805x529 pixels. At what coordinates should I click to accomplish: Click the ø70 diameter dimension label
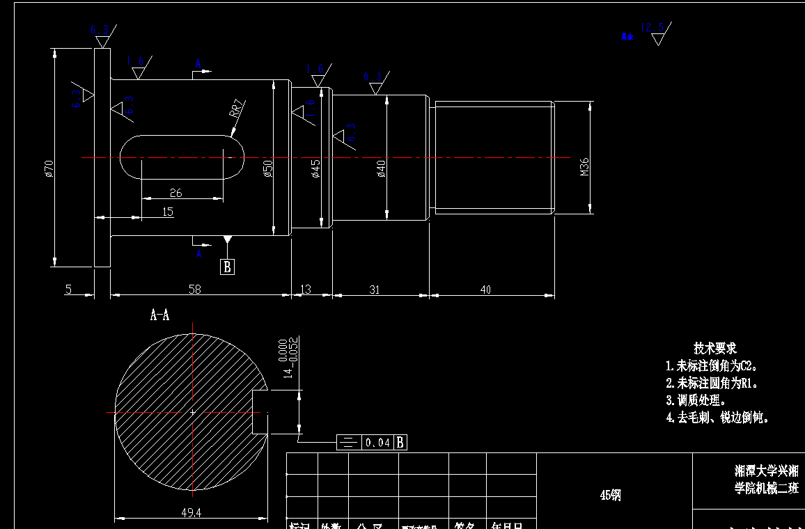[x=49, y=168]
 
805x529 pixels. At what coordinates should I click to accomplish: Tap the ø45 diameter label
[x=316, y=169]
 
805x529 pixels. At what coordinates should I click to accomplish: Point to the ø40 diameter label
[x=381, y=169]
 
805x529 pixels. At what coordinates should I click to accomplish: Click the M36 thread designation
[x=584, y=166]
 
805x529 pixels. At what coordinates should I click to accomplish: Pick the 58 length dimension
[x=194, y=290]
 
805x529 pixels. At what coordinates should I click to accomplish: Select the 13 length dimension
[x=305, y=290]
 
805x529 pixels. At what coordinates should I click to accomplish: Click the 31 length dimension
[x=375, y=290]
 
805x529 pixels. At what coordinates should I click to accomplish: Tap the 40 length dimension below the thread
[x=485, y=290]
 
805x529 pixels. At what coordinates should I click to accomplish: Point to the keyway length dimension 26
[x=175, y=193]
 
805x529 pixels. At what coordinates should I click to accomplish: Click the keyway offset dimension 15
[x=167, y=212]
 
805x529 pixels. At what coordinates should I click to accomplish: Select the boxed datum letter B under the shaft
[x=227, y=267]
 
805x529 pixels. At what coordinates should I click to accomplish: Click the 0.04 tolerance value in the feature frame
[x=378, y=442]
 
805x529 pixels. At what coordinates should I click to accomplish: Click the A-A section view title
[x=160, y=316]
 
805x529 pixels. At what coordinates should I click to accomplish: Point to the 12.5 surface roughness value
[x=652, y=29]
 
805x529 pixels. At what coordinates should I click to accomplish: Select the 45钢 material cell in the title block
[x=611, y=495]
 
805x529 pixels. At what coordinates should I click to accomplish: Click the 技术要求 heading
[x=714, y=348]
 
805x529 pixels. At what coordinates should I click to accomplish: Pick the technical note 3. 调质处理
[x=696, y=400]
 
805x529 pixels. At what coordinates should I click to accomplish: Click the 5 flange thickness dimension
[x=68, y=290]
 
